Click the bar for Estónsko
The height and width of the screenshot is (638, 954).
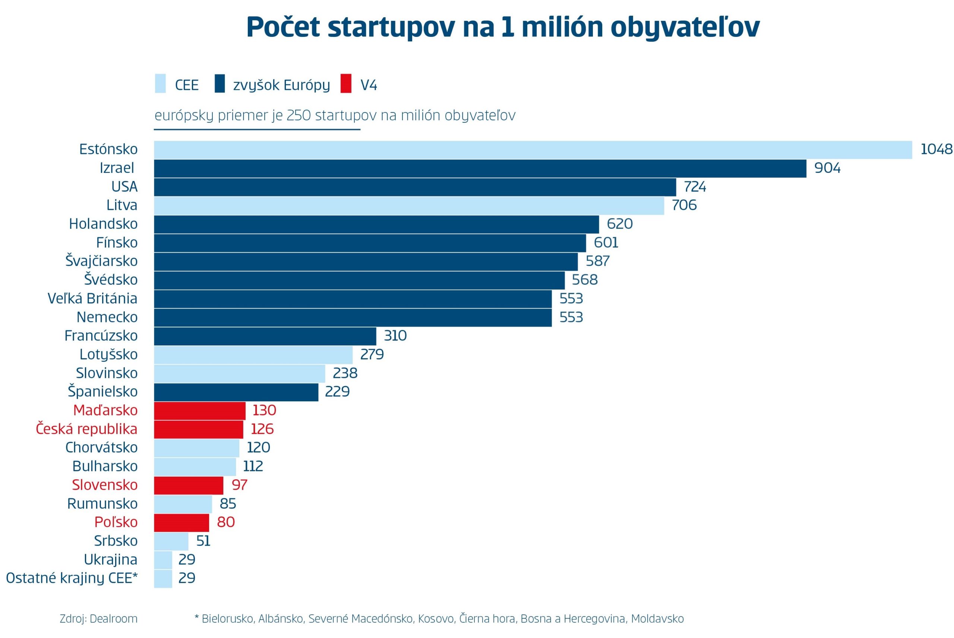click(x=533, y=150)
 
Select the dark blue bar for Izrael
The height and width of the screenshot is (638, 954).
click(x=480, y=168)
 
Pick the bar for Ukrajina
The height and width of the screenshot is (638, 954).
click(x=163, y=559)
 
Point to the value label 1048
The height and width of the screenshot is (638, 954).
click(x=936, y=149)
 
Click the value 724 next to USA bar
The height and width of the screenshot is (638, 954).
click(x=695, y=187)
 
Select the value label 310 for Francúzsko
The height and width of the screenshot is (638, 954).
click(x=395, y=336)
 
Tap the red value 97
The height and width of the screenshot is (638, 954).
click(x=239, y=485)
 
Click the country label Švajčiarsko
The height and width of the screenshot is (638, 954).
click(x=102, y=261)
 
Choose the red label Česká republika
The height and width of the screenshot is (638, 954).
click(x=87, y=429)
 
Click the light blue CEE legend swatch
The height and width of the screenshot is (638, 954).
click(x=160, y=83)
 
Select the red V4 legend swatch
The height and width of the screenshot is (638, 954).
click(x=346, y=83)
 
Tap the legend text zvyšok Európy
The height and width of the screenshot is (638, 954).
click(x=281, y=85)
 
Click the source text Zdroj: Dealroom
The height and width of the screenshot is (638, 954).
click(x=98, y=619)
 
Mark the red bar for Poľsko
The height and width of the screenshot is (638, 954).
click(x=181, y=522)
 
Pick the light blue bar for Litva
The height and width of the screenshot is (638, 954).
click(x=409, y=205)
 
